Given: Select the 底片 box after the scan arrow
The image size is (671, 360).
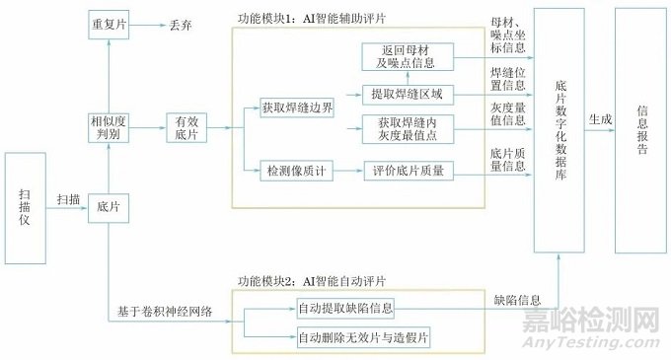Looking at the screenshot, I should (x=108, y=206).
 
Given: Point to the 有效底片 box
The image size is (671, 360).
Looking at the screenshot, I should (x=186, y=126).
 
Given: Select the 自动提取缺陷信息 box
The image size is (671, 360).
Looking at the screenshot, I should (x=345, y=308).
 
